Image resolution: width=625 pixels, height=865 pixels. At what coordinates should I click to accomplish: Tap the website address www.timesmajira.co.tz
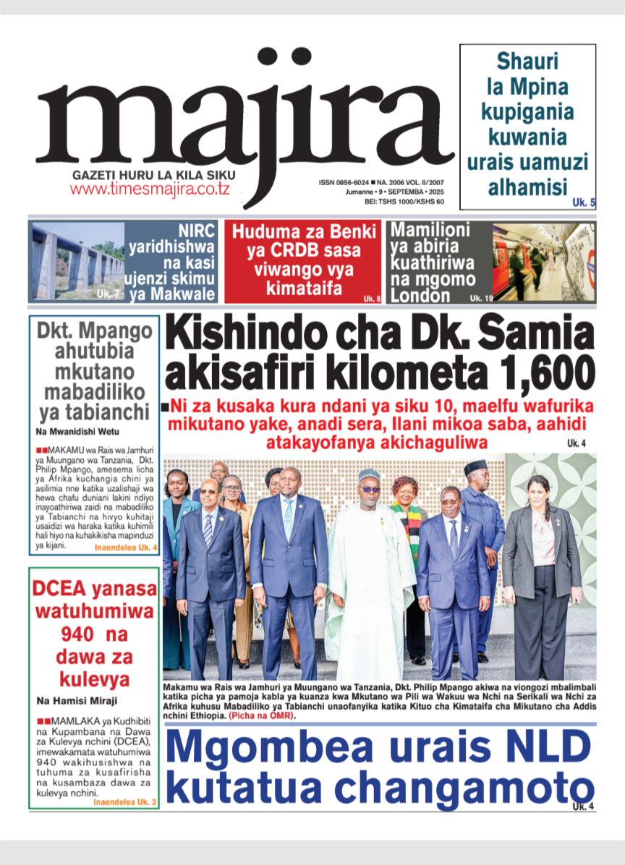pos(150,189)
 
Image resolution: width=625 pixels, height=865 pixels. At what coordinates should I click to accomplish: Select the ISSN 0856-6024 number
pos(344,183)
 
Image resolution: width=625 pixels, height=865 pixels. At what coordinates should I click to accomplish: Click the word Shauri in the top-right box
pos(527,62)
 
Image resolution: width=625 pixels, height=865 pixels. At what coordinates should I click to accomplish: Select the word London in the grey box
pos(420,295)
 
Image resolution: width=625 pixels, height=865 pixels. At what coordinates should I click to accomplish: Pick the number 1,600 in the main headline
pos(539,374)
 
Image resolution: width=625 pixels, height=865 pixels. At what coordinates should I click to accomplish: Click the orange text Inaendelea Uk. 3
pos(125,803)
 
